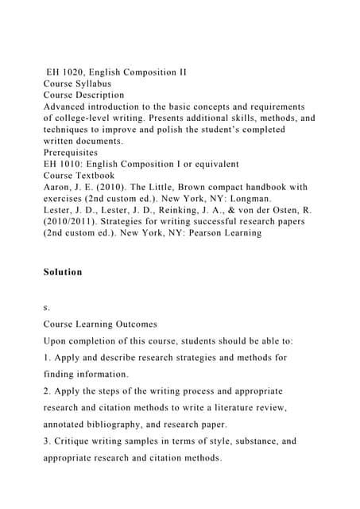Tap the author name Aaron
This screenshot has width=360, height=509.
[x=59, y=188]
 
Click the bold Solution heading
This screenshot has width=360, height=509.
[x=63, y=272]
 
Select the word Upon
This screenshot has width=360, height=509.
[x=56, y=340]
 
